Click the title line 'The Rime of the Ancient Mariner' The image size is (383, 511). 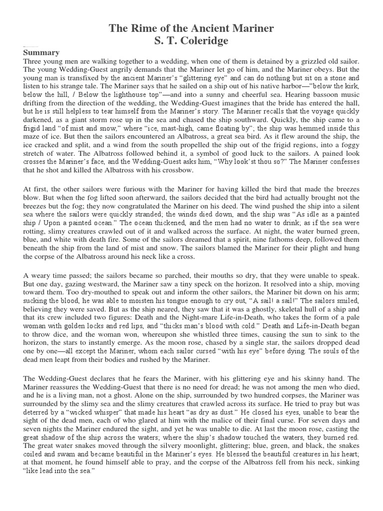[191, 28]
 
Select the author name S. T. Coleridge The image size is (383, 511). [191, 40]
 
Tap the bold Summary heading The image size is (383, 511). [41, 52]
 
